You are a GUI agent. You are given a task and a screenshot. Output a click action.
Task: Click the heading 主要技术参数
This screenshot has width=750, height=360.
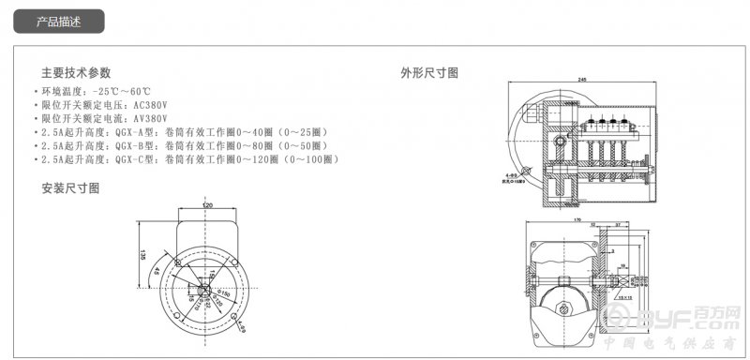76,72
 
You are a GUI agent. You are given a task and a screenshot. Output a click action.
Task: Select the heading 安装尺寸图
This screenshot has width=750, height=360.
70,188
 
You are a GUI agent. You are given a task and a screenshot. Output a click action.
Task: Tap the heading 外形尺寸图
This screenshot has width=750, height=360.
429,72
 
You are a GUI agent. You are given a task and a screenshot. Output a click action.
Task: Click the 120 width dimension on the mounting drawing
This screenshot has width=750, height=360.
206,204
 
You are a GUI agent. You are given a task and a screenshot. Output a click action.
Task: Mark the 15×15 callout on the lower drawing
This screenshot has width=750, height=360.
622,292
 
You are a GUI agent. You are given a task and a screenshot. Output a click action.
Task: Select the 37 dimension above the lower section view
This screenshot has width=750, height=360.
620,225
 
